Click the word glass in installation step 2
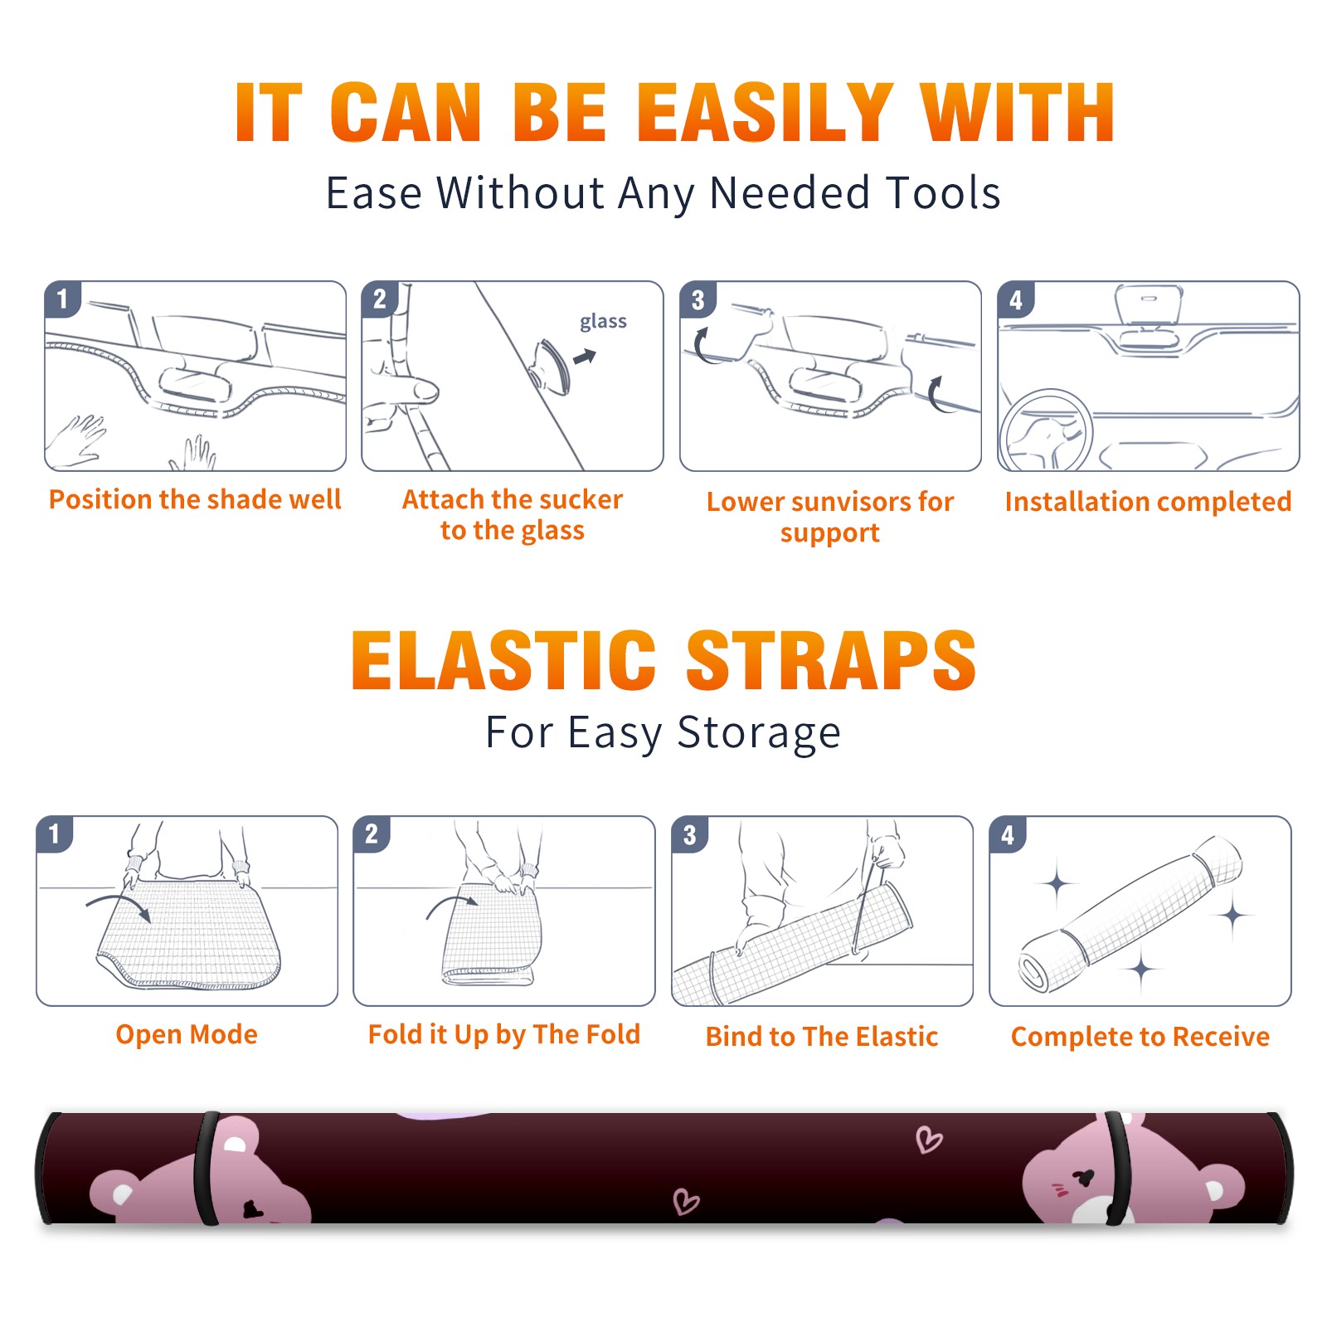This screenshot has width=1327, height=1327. pos(603,321)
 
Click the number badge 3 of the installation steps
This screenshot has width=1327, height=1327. pos(698,299)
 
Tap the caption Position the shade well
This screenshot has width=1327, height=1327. pos(195,499)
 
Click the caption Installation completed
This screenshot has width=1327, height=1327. pos(1148,502)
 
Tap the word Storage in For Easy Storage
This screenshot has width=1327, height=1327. pos(759,733)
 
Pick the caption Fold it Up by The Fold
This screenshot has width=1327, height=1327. pos(504,1035)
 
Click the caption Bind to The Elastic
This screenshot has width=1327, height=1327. pos(822,1037)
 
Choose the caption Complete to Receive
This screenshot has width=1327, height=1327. pos(1140,1037)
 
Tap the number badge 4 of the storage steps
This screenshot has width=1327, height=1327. pos(1008,834)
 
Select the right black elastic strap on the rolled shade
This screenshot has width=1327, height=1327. pos(1118,1168)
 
